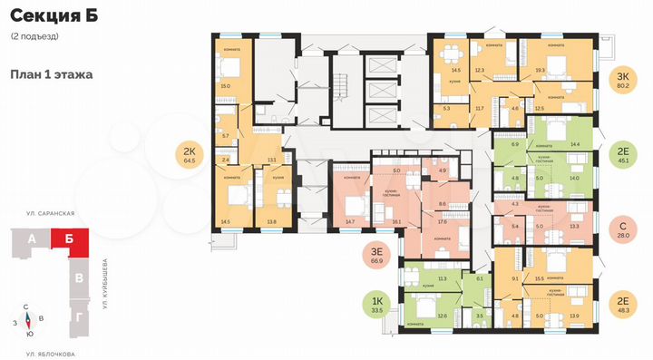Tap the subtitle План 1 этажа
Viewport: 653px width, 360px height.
click(51, 75)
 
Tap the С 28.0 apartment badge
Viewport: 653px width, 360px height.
click(622, 225)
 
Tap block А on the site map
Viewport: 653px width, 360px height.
click(33, 240)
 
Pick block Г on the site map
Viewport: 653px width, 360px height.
click(80, 317)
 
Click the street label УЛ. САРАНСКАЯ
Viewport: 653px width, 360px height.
click(51, 212)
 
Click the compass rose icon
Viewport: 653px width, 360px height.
click(29, 318)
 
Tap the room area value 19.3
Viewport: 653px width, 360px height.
click(540, 69)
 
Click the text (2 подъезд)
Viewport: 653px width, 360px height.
click(34, 36)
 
